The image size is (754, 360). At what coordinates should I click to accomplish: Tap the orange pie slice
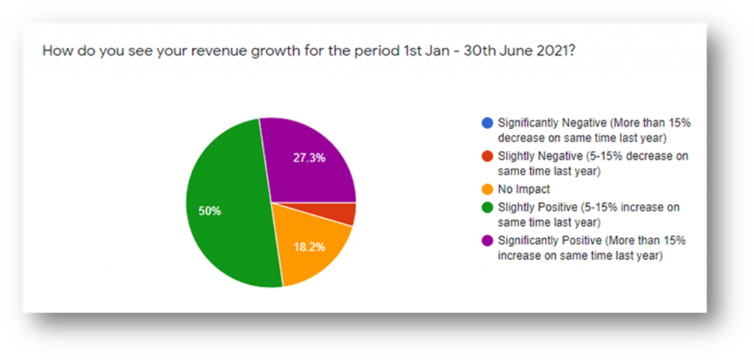309,243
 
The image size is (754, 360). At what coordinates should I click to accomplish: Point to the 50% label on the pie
210,211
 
